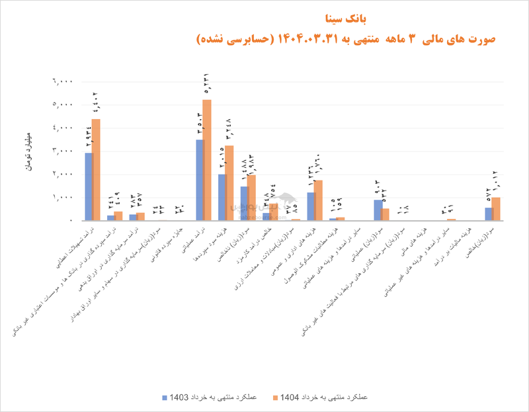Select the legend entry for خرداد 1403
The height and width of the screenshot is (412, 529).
(206, 397)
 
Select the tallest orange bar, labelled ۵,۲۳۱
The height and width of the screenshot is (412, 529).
(207, 159)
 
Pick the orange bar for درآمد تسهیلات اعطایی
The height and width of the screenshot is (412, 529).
(96, 169)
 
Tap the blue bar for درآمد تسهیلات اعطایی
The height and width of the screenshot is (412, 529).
(89, 186)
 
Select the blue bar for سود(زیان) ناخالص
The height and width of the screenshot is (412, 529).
(244, 203)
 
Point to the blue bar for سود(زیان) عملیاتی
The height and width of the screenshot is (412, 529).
(378, 210)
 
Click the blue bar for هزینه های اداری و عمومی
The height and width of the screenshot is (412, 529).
(311, 206)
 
